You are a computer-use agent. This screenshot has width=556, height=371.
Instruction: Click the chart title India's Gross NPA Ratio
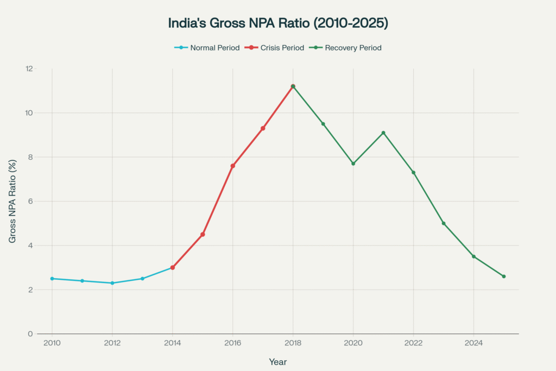277,23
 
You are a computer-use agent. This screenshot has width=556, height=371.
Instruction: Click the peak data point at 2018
293,86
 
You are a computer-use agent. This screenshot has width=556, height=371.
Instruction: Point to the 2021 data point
383,133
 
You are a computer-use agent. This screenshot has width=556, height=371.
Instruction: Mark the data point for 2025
504,276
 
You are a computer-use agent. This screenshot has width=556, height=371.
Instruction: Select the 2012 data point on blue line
112,283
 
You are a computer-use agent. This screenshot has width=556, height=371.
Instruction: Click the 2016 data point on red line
232,166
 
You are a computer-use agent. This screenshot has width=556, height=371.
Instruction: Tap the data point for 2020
353,164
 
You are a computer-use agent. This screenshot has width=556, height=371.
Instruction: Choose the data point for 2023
444,223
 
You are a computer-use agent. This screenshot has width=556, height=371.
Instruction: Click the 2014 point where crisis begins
173,267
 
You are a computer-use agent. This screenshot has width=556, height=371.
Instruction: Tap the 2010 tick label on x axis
52,343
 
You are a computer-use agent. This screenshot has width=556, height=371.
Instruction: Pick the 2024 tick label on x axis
473,343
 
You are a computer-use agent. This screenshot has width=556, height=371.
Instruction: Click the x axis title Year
277,362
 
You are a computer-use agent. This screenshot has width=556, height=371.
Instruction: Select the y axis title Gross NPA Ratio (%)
12,202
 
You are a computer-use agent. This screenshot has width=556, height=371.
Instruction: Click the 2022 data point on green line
413,172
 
